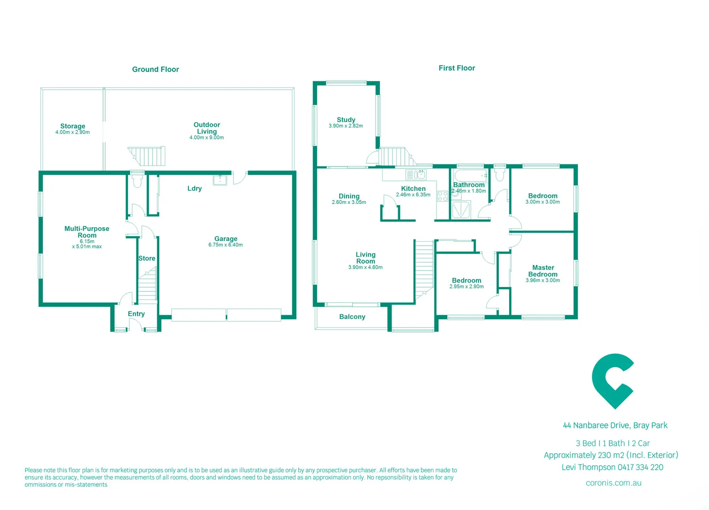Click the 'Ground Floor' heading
155,69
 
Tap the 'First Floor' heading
456,68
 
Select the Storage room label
73,126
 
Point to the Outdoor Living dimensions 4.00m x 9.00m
206,138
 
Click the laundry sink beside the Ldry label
220,179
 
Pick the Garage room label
226,239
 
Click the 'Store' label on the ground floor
146,258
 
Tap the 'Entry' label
136,314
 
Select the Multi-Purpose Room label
87,232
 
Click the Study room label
346,120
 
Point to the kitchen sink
416,175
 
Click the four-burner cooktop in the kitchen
443,196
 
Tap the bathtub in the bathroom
470,176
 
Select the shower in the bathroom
461,210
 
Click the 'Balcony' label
352,317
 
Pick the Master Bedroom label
543,271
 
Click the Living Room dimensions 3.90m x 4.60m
365,268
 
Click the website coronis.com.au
613,483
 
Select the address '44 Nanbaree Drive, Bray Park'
615,425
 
